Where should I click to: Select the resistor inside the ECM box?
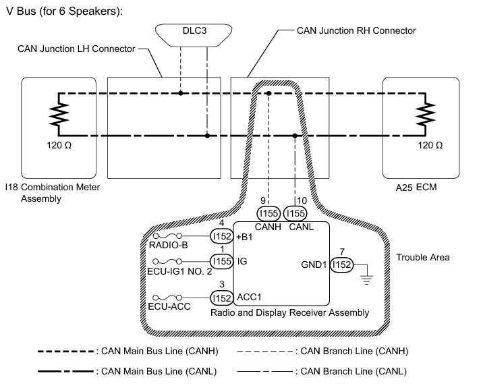(x=426, y=115)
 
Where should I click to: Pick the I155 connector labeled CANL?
(x=295, y=213)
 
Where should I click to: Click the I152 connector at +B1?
(x=221, y=237)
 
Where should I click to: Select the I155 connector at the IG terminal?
(x=221, y=260)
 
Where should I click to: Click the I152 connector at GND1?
(x=342, y=266)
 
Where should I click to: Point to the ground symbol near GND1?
(x=367, y=275)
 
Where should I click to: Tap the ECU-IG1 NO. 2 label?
(x=177, y=272)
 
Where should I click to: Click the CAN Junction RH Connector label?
(x=356, y=31)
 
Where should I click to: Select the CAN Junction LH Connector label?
(x=76, y=49)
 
